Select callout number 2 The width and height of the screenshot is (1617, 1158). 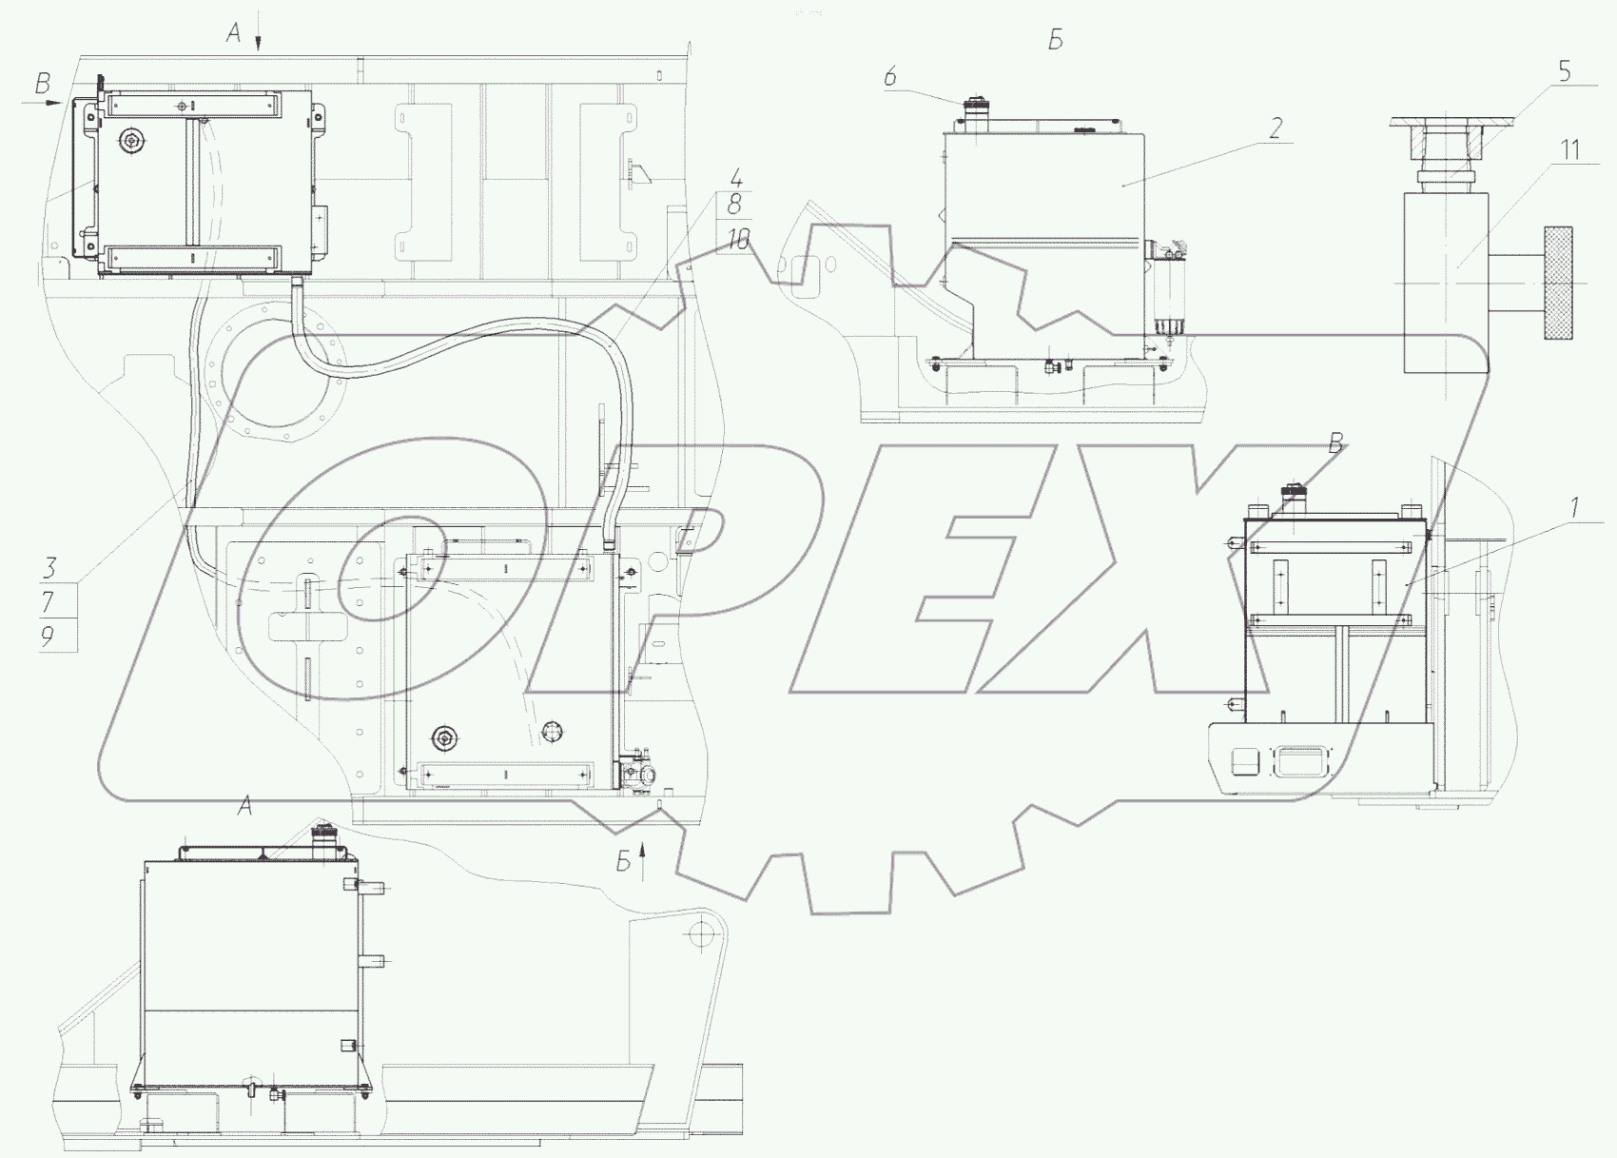[x=1276, y=128]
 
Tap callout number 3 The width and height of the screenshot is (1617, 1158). [x=49, y=568]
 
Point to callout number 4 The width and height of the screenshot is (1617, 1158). [x=735, y=178]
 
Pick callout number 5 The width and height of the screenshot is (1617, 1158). [x=1563, y=70]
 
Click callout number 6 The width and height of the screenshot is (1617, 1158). [x=890, y=75]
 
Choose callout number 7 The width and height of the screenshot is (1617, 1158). [x=49, y=601]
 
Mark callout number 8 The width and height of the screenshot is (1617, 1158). [x=734, y=205]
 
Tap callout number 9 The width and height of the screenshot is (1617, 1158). [x=48, y=636]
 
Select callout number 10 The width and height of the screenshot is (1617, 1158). [x=738, y=241]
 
